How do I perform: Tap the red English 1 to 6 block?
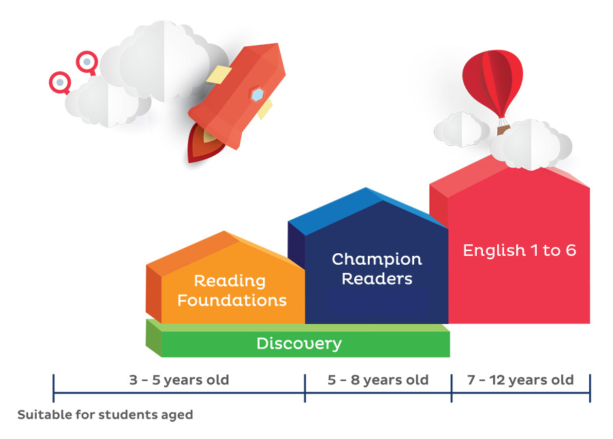[509, 250]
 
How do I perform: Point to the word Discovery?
[299, 344]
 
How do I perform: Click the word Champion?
[377, 259]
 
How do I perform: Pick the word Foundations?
[232, 300]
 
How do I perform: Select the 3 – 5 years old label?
[179, 380]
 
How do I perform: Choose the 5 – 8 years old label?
[378, 380]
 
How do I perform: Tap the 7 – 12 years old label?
[520, 380]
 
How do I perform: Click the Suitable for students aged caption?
[105, 414]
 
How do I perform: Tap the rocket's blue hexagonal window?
[257, 95]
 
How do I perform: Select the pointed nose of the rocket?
[279, 45]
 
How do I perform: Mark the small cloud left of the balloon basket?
[462, 130]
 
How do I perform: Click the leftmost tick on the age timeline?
[54, 388]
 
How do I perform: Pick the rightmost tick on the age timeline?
[590, 388]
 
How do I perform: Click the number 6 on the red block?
[571, 250]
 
